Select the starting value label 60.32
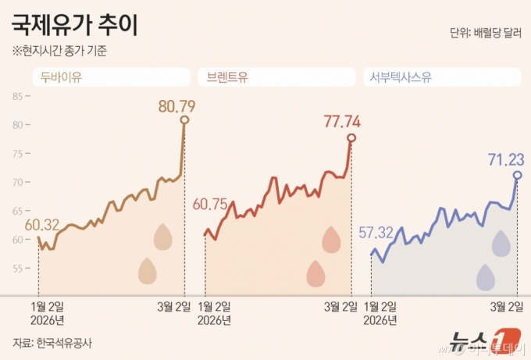coord(41,225)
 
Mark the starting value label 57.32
coord(376,232)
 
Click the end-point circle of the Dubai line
coord(184,119)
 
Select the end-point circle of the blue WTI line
coord(517,175)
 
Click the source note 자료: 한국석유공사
coord(52,342)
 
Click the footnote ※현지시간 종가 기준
coord(59,52)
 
